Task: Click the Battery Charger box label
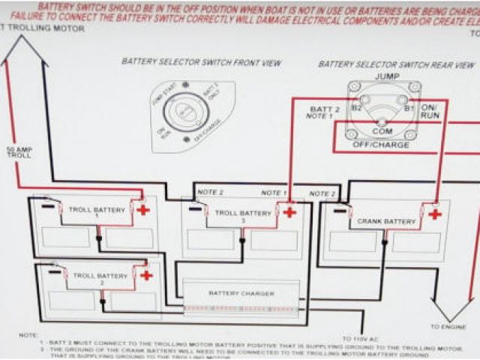[241, 293]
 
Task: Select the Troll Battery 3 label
[242, 214]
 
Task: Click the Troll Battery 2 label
[103, 277]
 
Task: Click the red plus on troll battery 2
[146, 275]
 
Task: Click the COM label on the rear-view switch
[382, 131]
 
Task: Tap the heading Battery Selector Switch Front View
[202, 63]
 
